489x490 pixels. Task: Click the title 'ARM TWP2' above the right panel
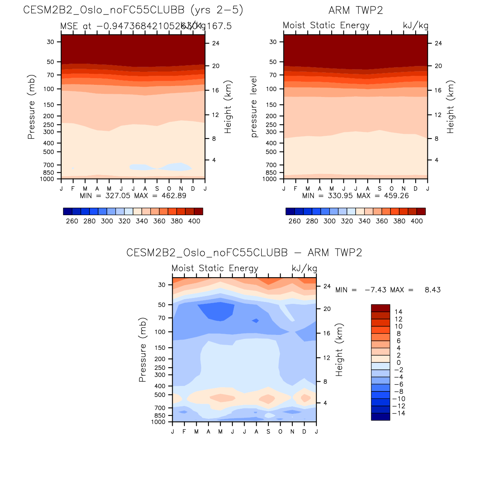point(356,10)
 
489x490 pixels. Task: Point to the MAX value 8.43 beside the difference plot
point(432,290)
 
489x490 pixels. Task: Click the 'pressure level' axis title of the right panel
point(254,107)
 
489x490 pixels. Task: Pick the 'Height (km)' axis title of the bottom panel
point(339,350)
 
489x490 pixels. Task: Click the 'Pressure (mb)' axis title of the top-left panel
point(31,107)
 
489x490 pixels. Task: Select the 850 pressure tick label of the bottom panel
point(160,415)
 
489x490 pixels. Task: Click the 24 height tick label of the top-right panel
point(438,43)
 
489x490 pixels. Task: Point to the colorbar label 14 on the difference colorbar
point(398,312)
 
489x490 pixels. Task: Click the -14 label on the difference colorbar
point(399,413)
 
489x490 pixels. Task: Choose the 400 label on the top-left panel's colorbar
point(194,221)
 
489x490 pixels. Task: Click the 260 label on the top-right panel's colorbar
point(294,221)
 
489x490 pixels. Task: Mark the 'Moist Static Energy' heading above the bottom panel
point(215,268)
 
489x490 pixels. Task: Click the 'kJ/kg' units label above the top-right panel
point(416,26)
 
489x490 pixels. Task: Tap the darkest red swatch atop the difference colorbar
point(380,308)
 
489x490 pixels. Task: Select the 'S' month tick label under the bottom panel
point(268,431)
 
